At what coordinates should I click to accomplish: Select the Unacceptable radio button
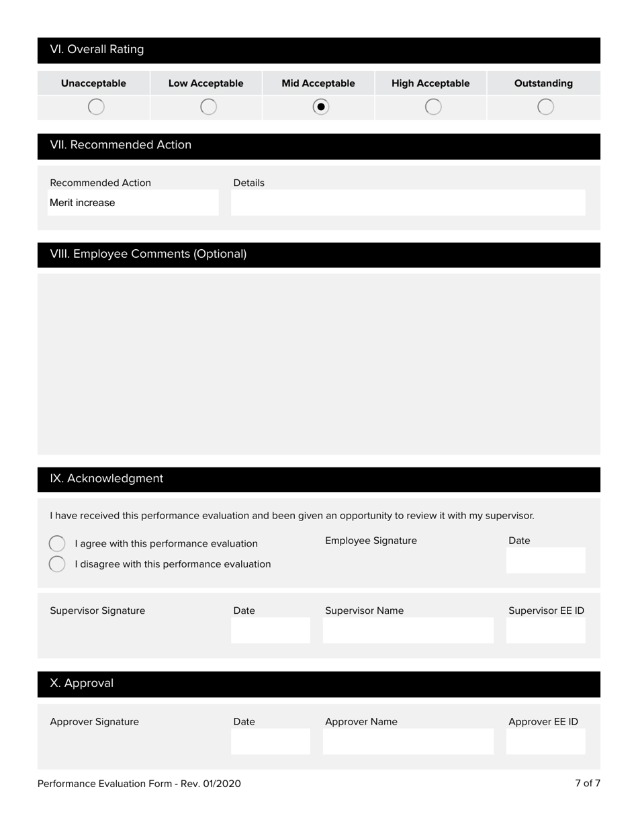[x=96, y=107]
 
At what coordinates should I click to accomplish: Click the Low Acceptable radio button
[x=209, y=107]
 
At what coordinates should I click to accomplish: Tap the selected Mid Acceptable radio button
[x=321, y=107]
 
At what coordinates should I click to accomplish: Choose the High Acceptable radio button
[x=434, y=107]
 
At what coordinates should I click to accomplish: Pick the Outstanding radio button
[x=546, y=107]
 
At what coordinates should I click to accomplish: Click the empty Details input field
[x=408, y=203]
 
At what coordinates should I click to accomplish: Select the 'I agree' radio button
[x=57, y=543]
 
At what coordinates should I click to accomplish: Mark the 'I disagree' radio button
[x=57, y=564]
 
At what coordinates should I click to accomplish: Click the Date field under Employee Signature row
[x=545, y=561]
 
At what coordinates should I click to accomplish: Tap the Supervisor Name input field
[x=408, y=631]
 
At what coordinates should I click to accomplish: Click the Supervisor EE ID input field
[x=545, y=631]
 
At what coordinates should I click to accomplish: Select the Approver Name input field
[x=408, y=741]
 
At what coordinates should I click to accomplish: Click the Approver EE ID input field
[x=545, y=741]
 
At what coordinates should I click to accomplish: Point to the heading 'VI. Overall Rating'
[x=97, y=50]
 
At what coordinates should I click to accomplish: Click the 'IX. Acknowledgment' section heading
[x=106, y=479]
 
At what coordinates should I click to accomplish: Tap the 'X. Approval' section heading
[x=81, y=684]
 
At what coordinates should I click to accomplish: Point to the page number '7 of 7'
[x=587, y=783]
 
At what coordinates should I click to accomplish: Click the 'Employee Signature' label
[x=371, y=541]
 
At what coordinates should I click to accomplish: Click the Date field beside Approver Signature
[x=270, y=741]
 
